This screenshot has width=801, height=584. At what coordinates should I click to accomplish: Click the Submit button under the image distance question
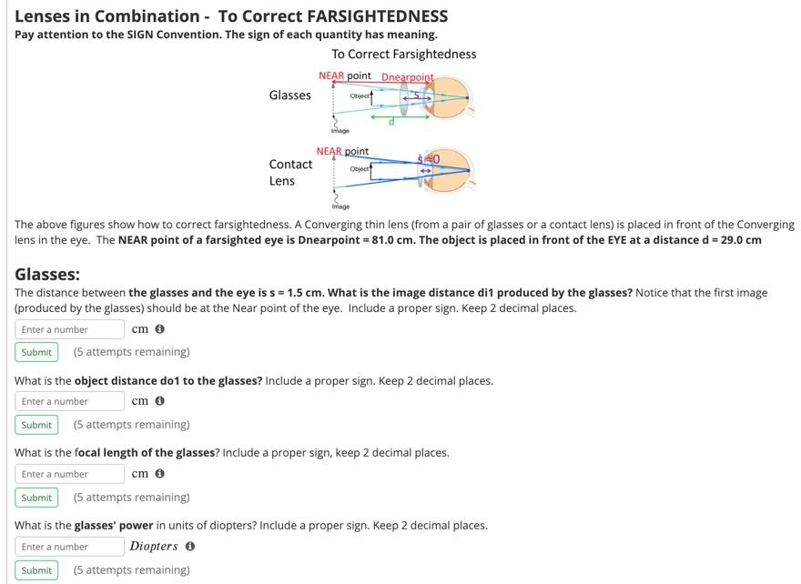(36, 352)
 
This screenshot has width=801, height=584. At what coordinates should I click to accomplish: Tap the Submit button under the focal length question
(36, 498)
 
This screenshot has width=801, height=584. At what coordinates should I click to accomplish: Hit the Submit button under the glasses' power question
(36, 570)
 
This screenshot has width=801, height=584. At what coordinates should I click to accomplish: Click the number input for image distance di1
(69, 329)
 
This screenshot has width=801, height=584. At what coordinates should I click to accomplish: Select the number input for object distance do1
(69, 401)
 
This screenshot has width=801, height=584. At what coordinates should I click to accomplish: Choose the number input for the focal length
(69, 474)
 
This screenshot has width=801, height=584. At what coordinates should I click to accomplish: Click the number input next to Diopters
(69, 547)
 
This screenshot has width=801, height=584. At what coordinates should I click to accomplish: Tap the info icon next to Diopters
(189, 547)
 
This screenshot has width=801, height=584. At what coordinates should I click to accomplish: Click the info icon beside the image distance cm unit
(159, 329)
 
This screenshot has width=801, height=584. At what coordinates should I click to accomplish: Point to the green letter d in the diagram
(391, 122)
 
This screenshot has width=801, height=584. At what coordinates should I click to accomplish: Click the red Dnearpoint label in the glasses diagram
(407, 77)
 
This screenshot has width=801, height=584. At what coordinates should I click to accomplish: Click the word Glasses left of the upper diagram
(289, 96)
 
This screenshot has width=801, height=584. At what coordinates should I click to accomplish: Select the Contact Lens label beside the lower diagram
(289, 172)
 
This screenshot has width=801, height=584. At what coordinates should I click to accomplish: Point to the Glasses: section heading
(47, 274)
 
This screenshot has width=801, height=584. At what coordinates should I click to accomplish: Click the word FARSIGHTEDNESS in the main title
(378, 16)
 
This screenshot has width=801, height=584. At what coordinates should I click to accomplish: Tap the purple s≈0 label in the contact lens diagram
(429, 159)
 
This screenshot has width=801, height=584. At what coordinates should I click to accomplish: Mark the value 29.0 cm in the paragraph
(741, 240)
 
